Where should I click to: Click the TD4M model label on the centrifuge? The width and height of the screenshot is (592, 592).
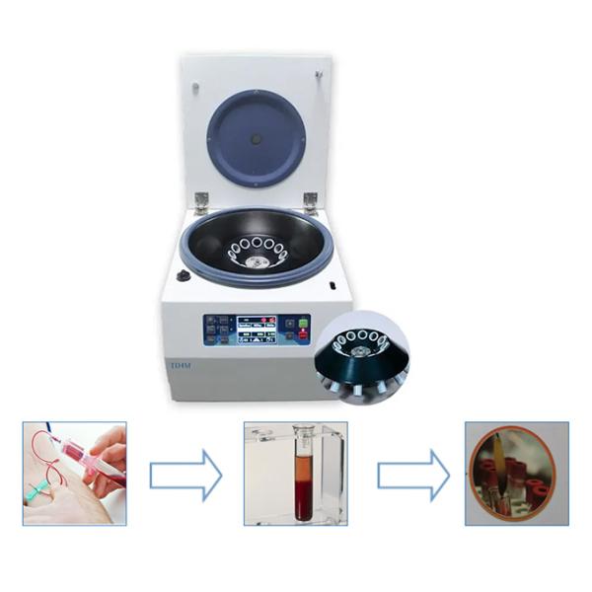click(180, 366)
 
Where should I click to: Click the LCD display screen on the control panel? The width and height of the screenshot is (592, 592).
click(259, 329)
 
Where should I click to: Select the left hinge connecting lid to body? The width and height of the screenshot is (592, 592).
click(201, 201)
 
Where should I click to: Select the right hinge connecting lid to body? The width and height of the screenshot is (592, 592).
click(310, 201)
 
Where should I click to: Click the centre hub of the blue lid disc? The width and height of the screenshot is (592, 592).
click(257, 139)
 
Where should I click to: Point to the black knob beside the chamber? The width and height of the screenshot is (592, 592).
click(183, 276)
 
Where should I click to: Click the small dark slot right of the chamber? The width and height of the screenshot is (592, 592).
click(334, 287)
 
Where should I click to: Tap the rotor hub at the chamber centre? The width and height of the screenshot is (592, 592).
click(257, 260)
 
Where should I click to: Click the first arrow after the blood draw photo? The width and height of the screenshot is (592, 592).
click(185, 475)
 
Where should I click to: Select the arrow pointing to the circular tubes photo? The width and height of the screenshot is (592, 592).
click(412, 475)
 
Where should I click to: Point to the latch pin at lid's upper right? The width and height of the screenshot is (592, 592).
click(319, 76)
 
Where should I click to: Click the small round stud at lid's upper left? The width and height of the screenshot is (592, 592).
click(195, 89)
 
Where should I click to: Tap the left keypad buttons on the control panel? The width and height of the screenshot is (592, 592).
click(216, 329)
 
